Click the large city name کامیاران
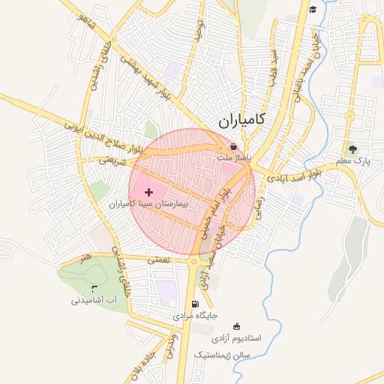coord(250,120)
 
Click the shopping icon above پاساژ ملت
coord(235,147)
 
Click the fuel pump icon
coord(196,304)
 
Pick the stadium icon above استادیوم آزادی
coord(238,326)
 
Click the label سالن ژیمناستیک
coord(226,352)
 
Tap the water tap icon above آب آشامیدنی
coord(94,289)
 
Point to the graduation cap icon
coord(313,9)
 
